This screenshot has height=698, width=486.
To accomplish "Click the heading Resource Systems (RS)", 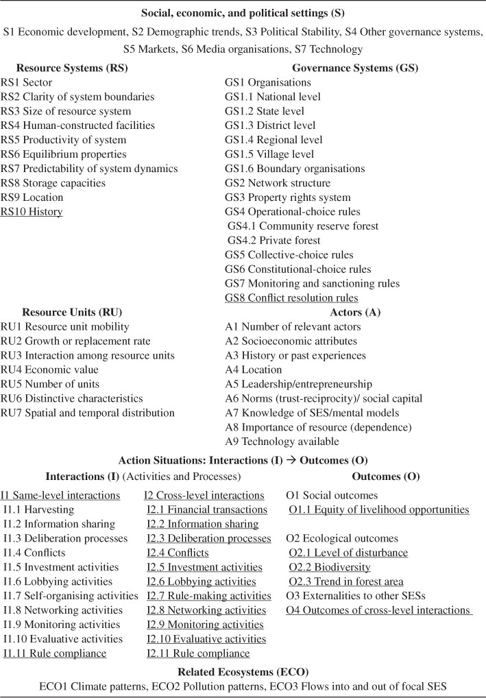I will (x=71, y=68).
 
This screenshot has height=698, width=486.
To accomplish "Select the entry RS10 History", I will (x=32, y=212).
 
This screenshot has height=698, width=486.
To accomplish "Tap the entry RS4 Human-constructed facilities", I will (x=77, y=125).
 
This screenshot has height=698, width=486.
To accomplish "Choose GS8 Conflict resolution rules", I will (x=291, y=298).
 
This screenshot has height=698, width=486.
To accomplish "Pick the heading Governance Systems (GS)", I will (x=355, y=68).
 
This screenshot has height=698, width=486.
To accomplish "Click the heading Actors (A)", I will (x=355, y=313).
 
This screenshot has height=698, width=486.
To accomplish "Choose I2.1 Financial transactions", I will (x=206, y=510).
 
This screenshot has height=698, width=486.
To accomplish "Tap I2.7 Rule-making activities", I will (x=208, y=597).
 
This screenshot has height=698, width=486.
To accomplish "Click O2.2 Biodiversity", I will (x=330, y=568).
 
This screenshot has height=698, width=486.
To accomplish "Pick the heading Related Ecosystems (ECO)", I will (x=243, y=668).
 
